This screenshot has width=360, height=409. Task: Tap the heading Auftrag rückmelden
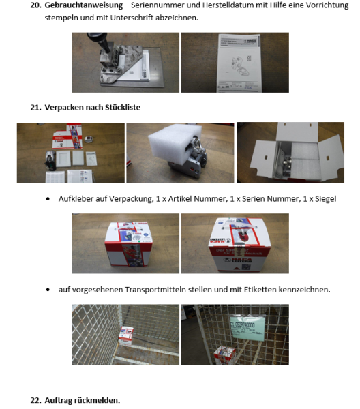(x=81, y=400)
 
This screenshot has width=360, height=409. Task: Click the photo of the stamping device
(x=125, y=63)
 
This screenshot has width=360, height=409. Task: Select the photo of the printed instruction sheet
(x=235, y=63)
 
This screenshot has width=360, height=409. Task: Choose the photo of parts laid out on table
(x=71, y=153)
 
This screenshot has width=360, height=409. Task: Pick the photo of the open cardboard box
(x=290, y=153)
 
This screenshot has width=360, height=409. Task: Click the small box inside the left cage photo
(x=125, y=334)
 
